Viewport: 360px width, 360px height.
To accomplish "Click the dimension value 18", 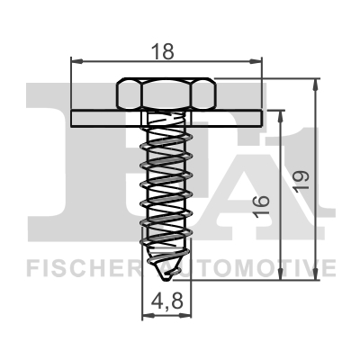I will [165, 50].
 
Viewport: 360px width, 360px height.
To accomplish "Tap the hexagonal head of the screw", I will [165, 94].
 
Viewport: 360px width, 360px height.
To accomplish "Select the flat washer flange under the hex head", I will [166, 117].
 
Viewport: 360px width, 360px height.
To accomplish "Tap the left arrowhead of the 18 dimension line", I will [75, 61].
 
